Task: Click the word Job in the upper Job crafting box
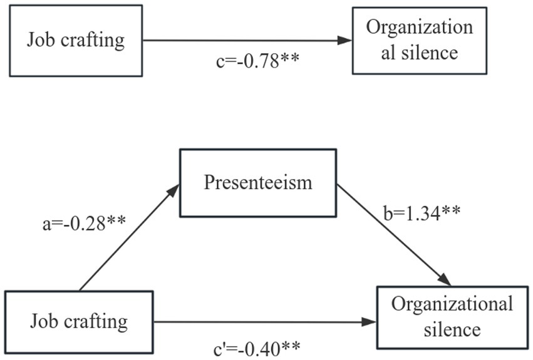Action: [x=39, y=41]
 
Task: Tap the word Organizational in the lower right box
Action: [x=452, y=305]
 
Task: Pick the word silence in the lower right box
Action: [x=452, y=328]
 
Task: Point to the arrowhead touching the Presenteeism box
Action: [x=173, y=189]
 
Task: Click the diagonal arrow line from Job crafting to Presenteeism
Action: [x=125, y=241]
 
